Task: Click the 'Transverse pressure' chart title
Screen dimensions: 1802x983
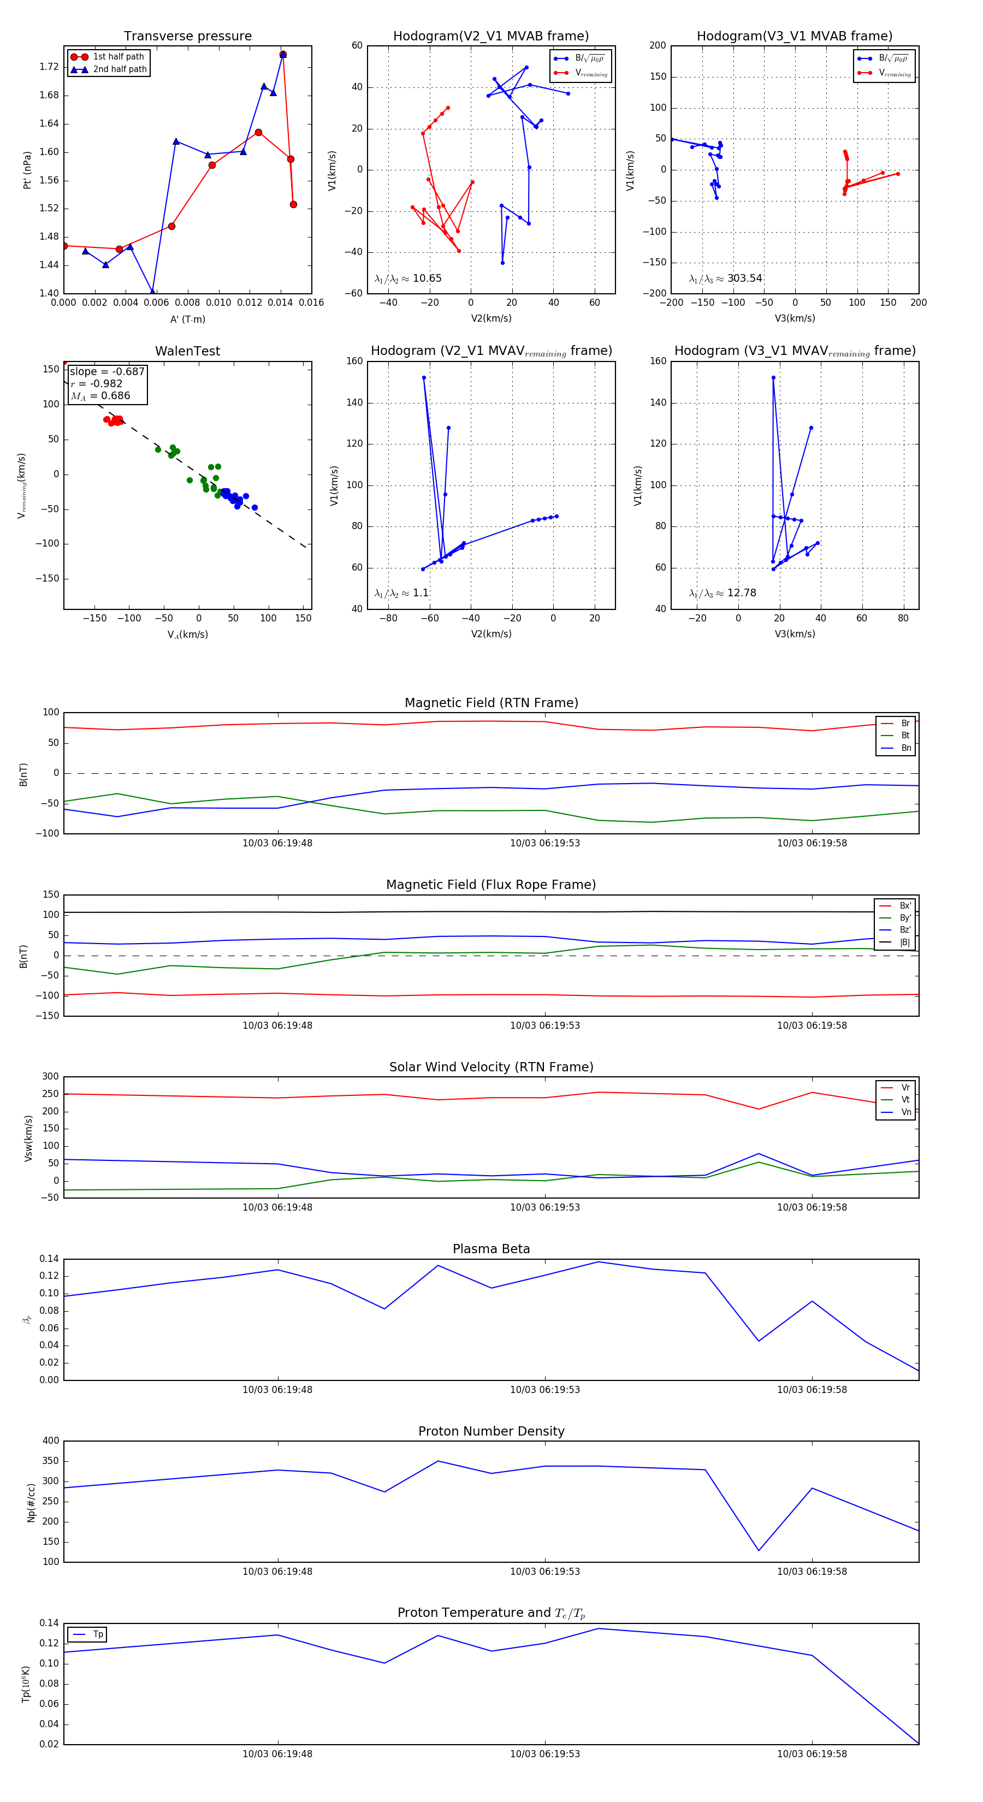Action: pos(187,37)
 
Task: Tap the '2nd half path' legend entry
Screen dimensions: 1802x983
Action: pos(120,69)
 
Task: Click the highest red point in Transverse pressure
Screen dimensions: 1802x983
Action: pos(283,55)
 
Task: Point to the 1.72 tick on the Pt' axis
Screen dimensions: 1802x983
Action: pos(49,67)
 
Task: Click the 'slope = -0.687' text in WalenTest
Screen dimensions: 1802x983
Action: pos(107,371)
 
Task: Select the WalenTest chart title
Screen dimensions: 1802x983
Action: pos(187,351)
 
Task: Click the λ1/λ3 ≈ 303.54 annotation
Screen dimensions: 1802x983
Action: pos(726,278)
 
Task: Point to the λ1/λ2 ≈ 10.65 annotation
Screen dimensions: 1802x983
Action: pos(408,278)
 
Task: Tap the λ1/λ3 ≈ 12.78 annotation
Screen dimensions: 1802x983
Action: pos(723,593)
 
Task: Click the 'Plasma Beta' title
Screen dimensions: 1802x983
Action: pos(491,1249)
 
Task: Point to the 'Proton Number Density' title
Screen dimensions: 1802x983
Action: pos(491,1431)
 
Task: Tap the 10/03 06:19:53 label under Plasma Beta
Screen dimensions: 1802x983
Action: pos(544,1390)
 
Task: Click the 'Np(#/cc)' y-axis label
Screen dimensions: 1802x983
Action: pos(31,1503)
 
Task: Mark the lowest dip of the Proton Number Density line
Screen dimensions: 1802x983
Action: pos(759,1551)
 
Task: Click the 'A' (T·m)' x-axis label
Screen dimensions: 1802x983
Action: pos(187,319)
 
